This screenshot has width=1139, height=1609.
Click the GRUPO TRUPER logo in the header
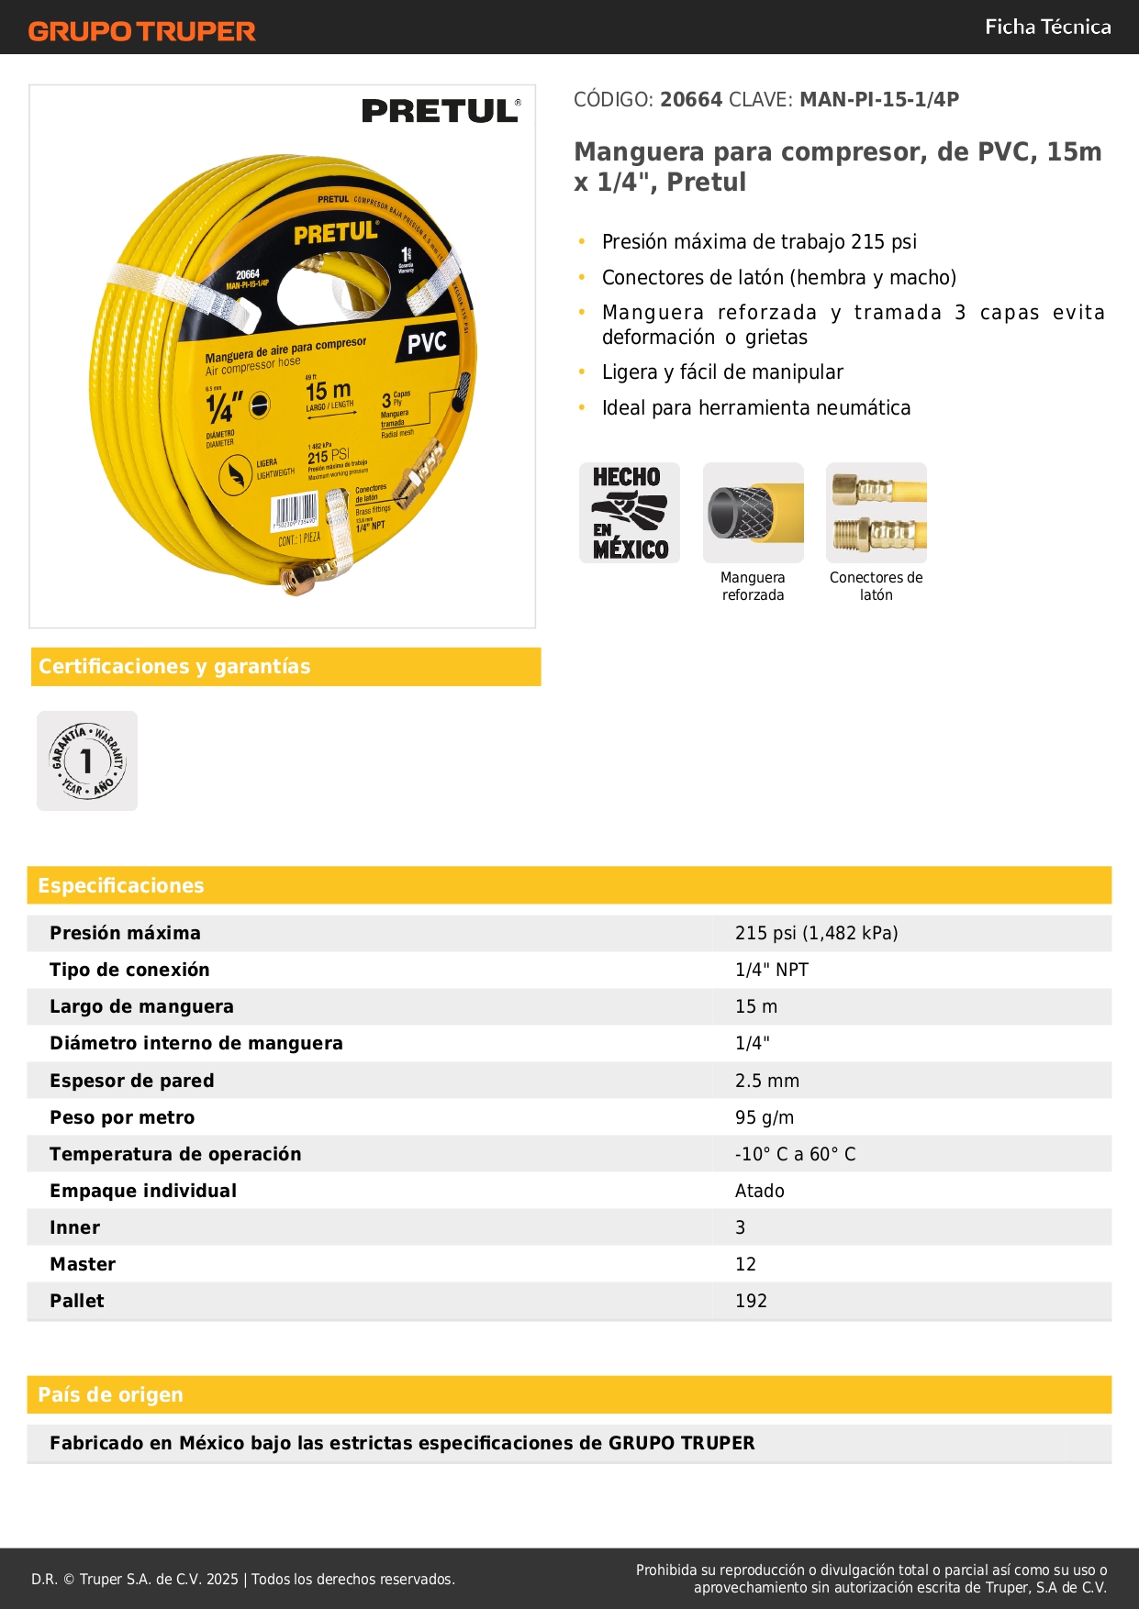click(141, 31)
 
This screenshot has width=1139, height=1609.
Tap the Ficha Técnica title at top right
click(1047, 27)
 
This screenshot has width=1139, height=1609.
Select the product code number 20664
click(691, 99)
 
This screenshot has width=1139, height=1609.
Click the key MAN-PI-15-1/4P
click(878, 99)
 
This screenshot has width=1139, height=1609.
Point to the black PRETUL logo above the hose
click(441, 111)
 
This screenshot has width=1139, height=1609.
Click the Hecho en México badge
click(630, 513)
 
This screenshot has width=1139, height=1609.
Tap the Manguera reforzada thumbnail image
click(753, 513)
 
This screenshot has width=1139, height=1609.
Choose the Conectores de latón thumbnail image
click(876, 513)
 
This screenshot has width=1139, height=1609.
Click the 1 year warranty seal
click(87, 760)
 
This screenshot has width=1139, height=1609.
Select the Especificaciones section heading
click(121, 885)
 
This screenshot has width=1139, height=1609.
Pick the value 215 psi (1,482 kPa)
click(816, 933)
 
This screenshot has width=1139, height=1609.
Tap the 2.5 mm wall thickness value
click(766, 1081)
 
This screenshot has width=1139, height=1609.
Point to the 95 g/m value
click(764, 1117)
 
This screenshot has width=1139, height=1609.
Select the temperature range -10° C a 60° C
click(795, 1154)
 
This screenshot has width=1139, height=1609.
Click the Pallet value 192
click(750, 1301)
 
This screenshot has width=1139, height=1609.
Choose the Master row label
click(83, 1264)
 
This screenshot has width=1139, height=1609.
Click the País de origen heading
click(110, 1394)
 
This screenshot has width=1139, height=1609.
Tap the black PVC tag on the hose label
click(427, 343)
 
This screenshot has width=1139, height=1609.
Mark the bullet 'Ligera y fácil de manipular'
click(722, 372)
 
